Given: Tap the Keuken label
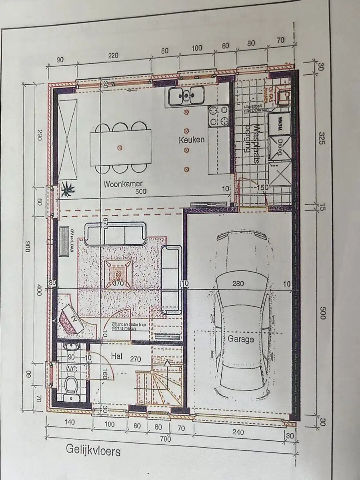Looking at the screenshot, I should click(x=192, y=140).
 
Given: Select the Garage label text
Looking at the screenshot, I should click(x=241, y=339).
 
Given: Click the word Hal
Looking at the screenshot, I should click(x=116, y=356).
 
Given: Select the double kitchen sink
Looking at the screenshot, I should click(x=186, y=96).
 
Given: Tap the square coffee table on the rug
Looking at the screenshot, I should click(x=118, y=274).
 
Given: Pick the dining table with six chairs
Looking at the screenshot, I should click(x=120, y=148).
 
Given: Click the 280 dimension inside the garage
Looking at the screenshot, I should click(x=238, y=284).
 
